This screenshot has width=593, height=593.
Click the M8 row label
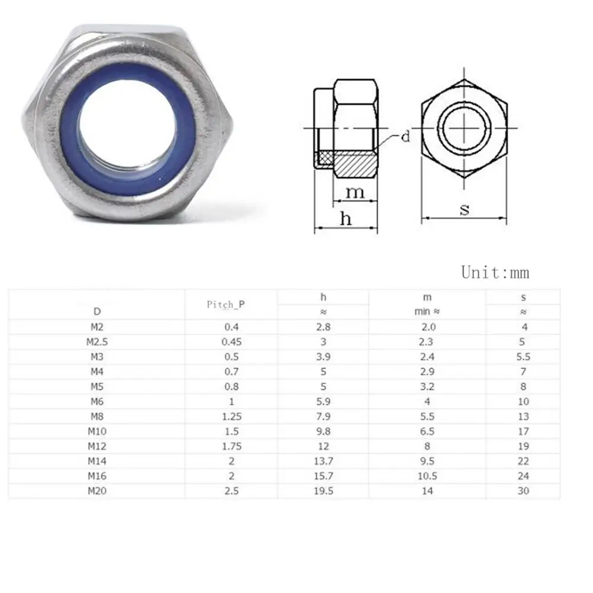pyautogui.click(x=97, y=416)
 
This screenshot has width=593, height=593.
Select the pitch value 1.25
pyautogui.click(x=232, y=416)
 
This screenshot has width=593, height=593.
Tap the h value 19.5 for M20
pyautogui.click(x=323, y=491)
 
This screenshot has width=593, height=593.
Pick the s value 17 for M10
pyautogui.click(x=524, y=431)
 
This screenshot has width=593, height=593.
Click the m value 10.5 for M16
pyautogui.click(x=427, y=476)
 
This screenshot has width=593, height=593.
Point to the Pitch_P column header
pyautogui.click(x=226, y=305)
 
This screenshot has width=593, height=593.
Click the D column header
pyautogui.click(x=97, y=312)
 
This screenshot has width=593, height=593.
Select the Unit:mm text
pyautogui.click(x=495, y=273)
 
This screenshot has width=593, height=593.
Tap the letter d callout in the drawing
pyautogui.click(x=405, y=136)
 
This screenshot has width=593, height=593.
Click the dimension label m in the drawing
pyautogui.click(x=355, y=192)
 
